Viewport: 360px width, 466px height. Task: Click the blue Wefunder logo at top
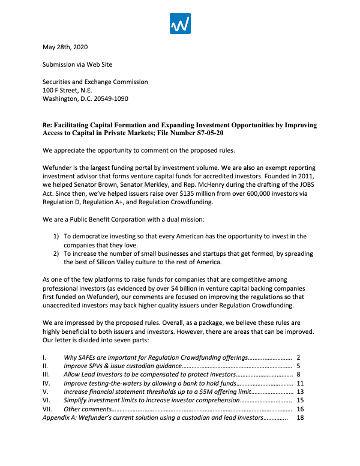[180, 23]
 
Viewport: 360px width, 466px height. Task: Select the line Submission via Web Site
[77, 64]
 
